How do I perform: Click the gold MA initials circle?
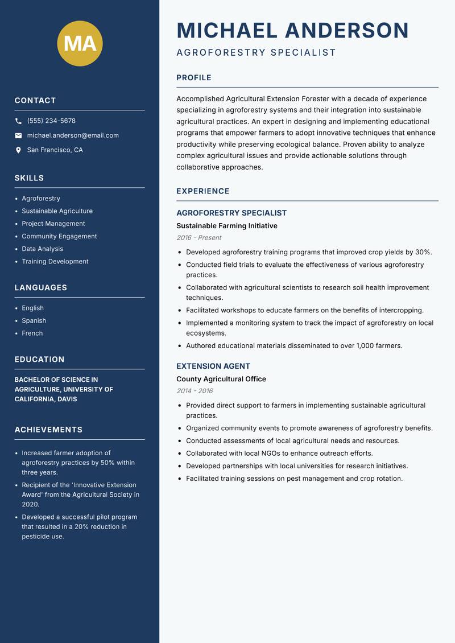pyautogui.click(x=80, y=43)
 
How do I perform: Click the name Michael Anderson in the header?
pyautogui.click(x=292, y=30)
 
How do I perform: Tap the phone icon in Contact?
pyautogui.click(x=18, y=121)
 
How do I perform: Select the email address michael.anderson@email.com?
pyautogui.click(x=73, y=135)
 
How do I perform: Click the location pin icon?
pyautogui.click(x=18, y=150)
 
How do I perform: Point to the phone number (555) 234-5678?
pyautogui.click(x=51, y=121)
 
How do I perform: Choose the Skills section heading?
pyautogui.click(x=29, y=178)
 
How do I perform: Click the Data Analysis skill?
pyautogui.click(x=42, y=249)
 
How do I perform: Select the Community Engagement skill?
pyautogui.click(x=59, y=236)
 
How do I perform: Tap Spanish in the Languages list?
pyautogui.click(x=34, y=320)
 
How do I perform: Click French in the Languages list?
pyautogui.click(x=32, y=333)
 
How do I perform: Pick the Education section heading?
pyautogui.click(x=39, y=360)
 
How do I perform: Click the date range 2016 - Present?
pyautogui.click(x=198, y=238)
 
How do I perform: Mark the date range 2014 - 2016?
pyautogui.click(x=195, y=391)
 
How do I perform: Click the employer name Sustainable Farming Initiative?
pyautogui.click(x=226, y=226)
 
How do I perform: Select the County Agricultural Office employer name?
pyautogui.click(x=221, y=379)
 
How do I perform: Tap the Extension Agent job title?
pyautogui.click(x=213, y=366)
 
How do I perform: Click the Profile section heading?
pyautogui.click(x=193, y=78)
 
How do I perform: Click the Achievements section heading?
pyautogui.click(x=48, y=430)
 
